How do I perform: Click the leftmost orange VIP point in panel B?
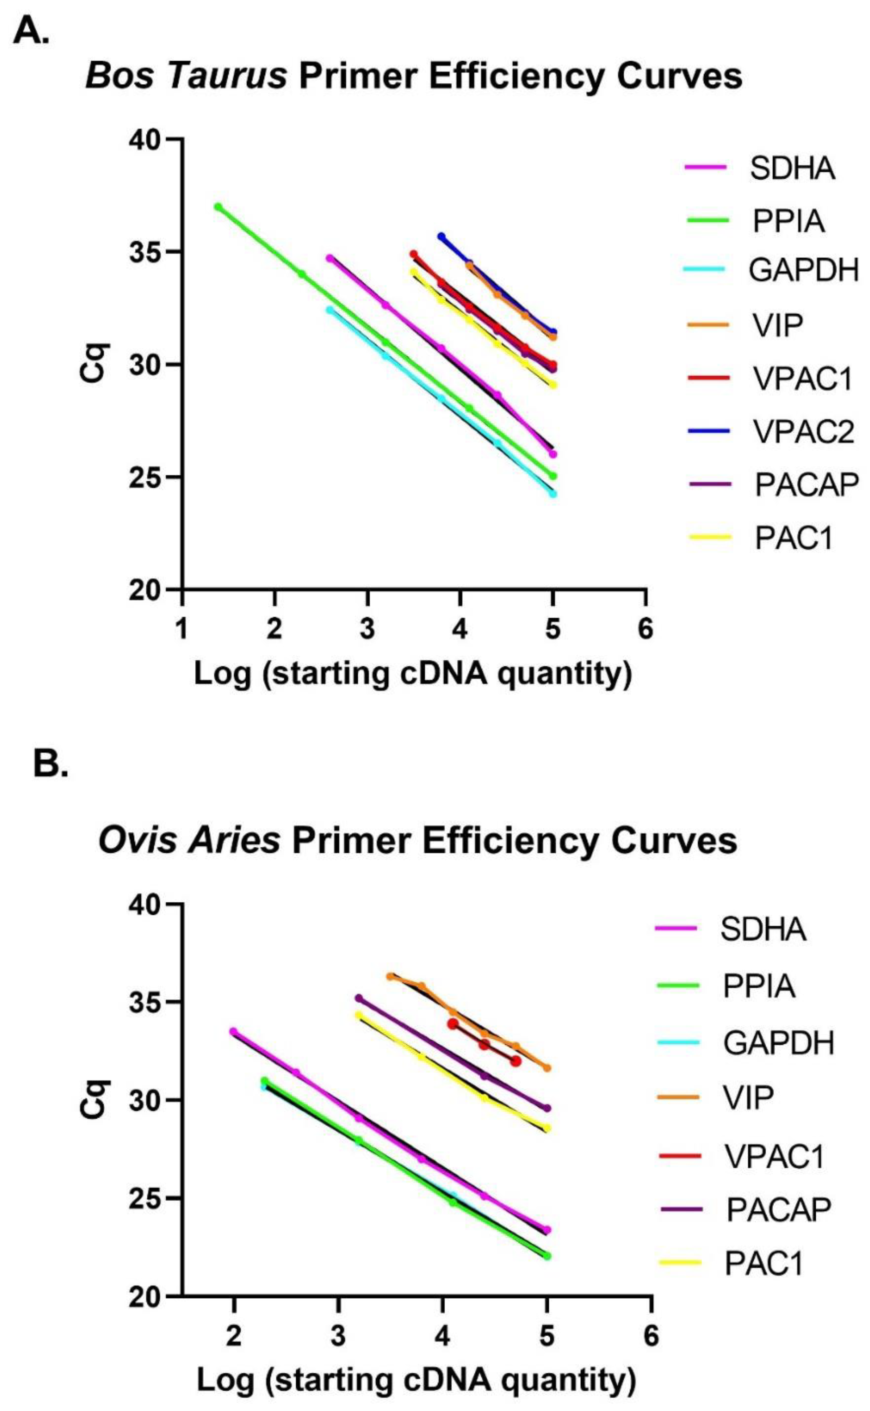tap(390, 976)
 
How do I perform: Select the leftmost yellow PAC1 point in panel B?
tap(358, 1015)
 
